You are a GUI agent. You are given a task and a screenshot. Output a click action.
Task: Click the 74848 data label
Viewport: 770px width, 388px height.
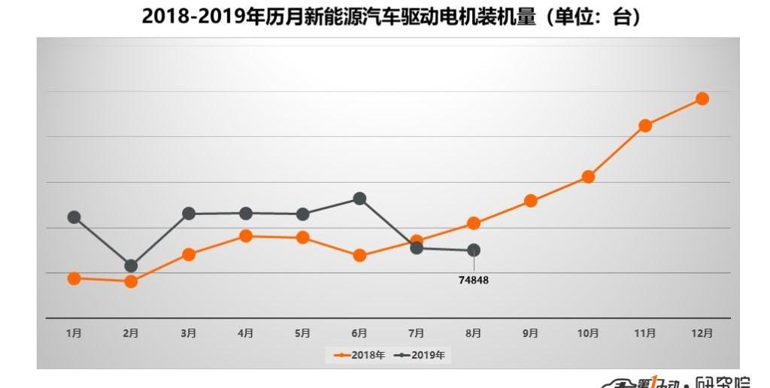pyautogui.click(x=474, y=280)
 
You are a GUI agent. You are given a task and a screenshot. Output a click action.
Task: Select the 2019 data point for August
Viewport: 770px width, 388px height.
pyautogui.click(x=474, y=250)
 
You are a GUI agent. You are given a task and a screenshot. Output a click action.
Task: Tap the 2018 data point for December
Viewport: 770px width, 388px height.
pyautogui.click(x=702, y=99)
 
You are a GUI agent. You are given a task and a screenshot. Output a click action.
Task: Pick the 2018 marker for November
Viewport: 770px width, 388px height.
pyautogui.click(x=645, y=126)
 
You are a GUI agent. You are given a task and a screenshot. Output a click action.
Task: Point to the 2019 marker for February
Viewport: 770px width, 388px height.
pyautogui.click(x=131, y=265)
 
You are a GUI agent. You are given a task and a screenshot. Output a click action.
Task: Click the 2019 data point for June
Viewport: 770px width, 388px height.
pyautogui.click(x=359, y=199)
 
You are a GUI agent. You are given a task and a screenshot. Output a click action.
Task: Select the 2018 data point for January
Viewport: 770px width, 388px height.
pyautogui.click(x=74, y=278)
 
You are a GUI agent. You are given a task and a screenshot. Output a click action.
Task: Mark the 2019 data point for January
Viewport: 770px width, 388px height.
pyautogui.click(x=74, y=217)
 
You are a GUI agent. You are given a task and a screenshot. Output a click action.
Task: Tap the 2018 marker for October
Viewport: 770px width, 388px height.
pyautogui.click(x=588, y=177)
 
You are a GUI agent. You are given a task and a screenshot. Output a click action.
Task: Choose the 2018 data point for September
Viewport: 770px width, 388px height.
pyautogui.click(x=531, y=201)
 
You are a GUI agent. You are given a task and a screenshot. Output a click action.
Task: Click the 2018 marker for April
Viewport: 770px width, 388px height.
pyautogui.click(x=245, y=236)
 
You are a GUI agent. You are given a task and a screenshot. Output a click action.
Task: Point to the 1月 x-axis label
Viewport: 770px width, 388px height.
pyautogui.click(x=74, y=333)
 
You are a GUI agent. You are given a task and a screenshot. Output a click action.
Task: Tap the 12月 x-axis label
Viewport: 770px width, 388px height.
pyautogui.click(x=702, y=333)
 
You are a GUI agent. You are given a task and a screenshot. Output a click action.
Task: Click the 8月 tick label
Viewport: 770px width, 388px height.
pyautogui.click(x=474, y=333)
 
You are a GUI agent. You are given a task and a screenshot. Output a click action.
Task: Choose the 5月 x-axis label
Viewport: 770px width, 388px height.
pyautogui.click(x=302, y=333)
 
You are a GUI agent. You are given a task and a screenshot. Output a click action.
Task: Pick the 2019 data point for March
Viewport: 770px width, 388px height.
pyautogui.click(x=188, y=214)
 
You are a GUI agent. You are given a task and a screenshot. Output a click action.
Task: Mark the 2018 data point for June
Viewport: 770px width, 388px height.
pyautogui.click(x=359, y=256)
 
